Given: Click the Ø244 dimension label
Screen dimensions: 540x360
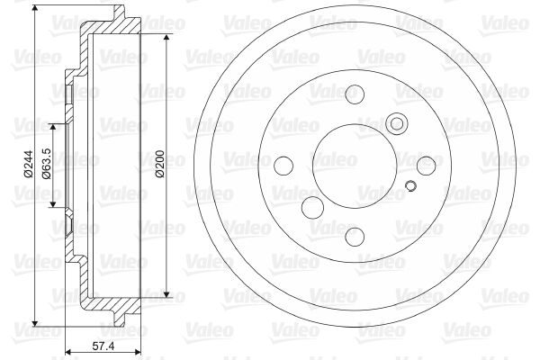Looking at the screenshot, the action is coord(29,164).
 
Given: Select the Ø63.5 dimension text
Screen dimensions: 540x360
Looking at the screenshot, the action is coord(47,164).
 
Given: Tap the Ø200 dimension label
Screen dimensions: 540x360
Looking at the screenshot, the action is coord(160,164).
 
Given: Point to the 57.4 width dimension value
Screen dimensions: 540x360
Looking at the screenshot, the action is coord(103,346).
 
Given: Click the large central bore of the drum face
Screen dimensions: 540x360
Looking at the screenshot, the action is coord(355,166).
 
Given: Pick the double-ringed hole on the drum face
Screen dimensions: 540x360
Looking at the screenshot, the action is coord(397,123).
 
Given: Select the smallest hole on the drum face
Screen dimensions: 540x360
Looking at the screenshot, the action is coord(411,186).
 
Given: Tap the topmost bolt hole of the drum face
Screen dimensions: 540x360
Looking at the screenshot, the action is coord(355,94).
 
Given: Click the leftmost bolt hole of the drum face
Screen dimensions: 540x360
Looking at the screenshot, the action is coord(283,166).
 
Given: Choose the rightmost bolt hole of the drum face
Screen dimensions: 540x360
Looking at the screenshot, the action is coord(427,166).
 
